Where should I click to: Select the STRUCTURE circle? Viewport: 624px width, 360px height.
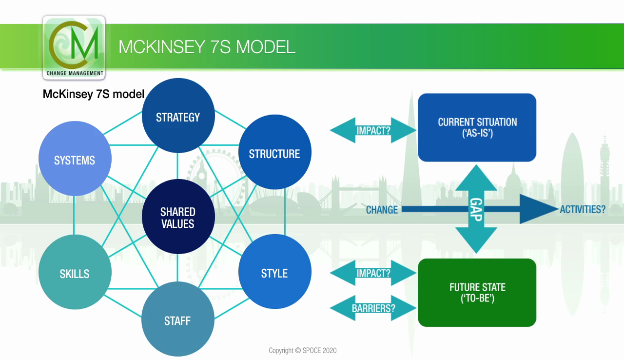[274, 154]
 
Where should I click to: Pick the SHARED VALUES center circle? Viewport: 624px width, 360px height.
[178, 218]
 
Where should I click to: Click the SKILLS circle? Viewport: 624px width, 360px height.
[75, 273]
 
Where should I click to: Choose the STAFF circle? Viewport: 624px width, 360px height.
[177, 320]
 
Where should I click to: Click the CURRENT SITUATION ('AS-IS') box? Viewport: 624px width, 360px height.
[477, 127]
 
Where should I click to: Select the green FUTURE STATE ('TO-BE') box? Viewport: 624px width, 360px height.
[477, 292]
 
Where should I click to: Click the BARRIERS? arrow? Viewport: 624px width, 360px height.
[373, 308]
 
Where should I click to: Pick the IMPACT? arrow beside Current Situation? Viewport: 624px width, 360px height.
[373, 130]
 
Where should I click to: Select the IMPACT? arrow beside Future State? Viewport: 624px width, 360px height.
[373, 273]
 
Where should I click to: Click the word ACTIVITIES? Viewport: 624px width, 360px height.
[583, 209]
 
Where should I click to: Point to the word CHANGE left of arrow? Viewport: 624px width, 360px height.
[382, 209]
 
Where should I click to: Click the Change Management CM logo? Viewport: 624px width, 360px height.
[74, 48]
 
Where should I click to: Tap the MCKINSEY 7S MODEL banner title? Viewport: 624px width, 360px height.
[207, 47]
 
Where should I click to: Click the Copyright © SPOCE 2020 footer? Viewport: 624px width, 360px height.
[302, 350]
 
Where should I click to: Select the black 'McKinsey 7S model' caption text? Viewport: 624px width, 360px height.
[93, 94]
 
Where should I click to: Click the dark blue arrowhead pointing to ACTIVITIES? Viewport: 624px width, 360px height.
[536, 209]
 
